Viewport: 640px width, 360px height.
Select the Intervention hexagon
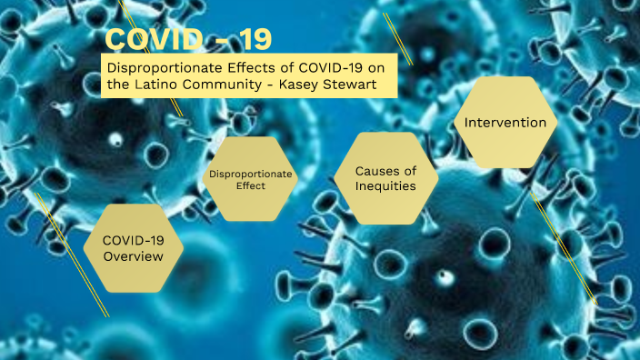pos(505,123)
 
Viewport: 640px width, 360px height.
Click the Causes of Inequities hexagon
pos(385,178)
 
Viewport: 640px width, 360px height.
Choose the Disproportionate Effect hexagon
pos(250,179)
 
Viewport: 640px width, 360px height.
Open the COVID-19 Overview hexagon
pos(133,247)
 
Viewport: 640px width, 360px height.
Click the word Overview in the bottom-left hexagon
pos(133,256)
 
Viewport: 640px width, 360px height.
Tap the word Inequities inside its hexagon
pos(385,186)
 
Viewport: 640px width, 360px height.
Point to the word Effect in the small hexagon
pos(250,185)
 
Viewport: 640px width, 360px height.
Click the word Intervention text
pos(505,123)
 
